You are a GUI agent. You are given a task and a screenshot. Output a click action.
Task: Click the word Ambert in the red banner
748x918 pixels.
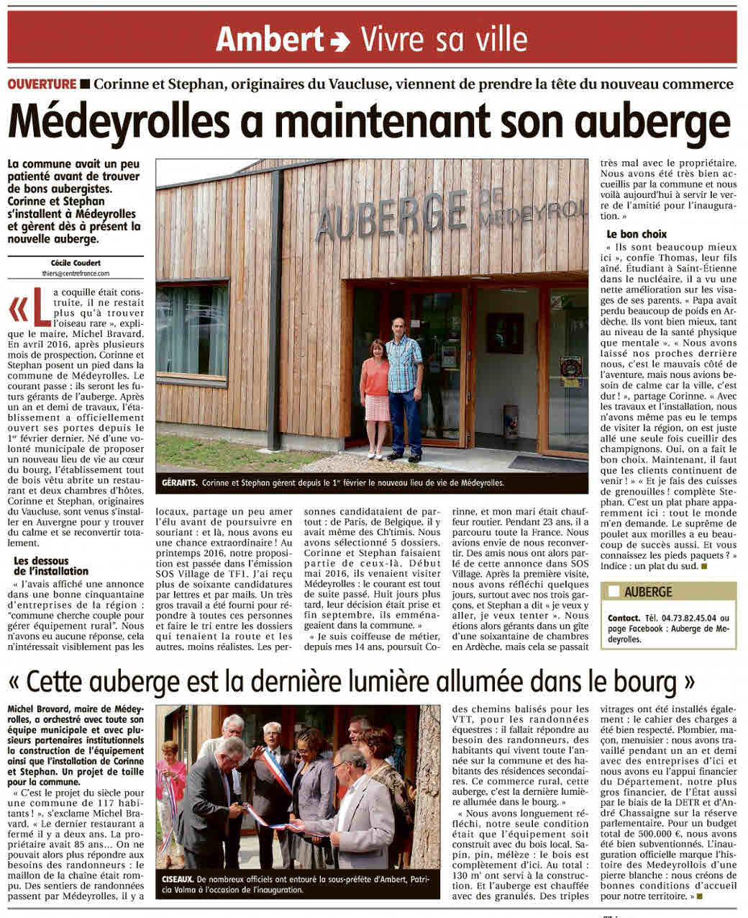(270, 39)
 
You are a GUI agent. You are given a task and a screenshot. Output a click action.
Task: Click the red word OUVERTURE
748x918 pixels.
(42, 84)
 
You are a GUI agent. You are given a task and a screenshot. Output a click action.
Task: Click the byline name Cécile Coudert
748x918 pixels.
(76, 264)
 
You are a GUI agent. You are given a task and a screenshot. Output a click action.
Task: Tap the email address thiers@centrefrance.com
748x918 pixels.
(76, 274)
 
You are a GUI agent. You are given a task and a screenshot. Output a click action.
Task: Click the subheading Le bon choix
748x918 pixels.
(637, 234)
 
